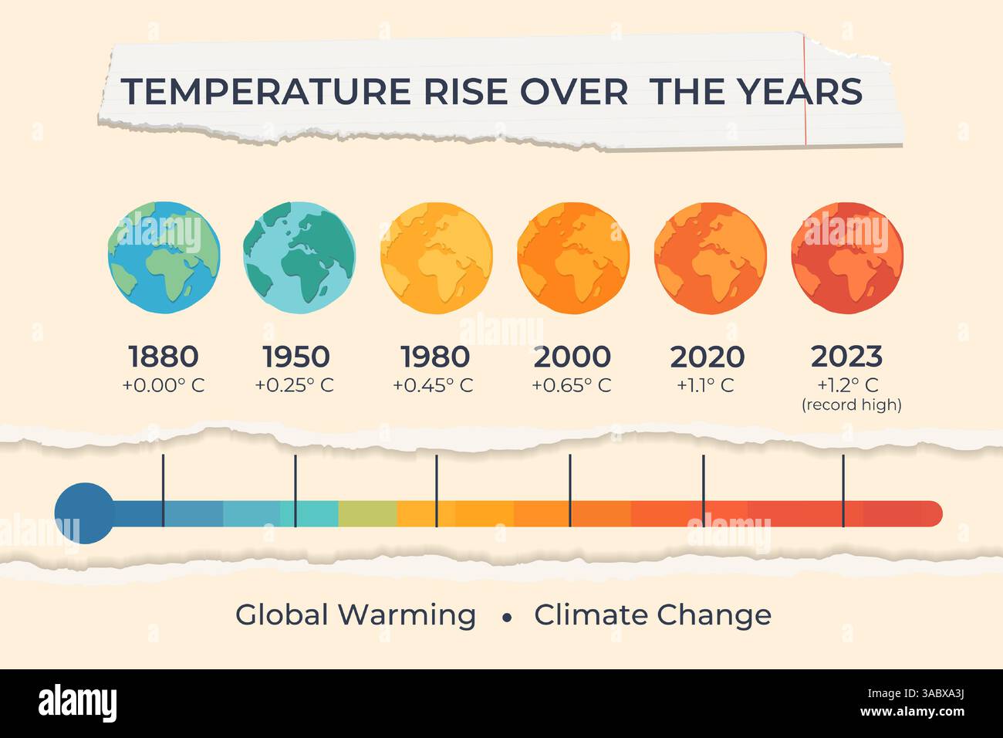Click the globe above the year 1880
point(164,258)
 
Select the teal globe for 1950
point(299,258)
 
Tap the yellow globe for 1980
point(436,258)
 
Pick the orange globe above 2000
point(572,258)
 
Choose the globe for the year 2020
point(709,258)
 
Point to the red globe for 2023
point(846,258)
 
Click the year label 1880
point(164,357)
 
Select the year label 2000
point(572,357)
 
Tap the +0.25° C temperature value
point(295,385)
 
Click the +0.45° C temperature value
point(433,385)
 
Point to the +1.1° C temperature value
point(705,385)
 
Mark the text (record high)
point(852,405)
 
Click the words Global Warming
point(356,615)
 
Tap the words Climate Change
point(653,615)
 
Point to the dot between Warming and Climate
point(507,618)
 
